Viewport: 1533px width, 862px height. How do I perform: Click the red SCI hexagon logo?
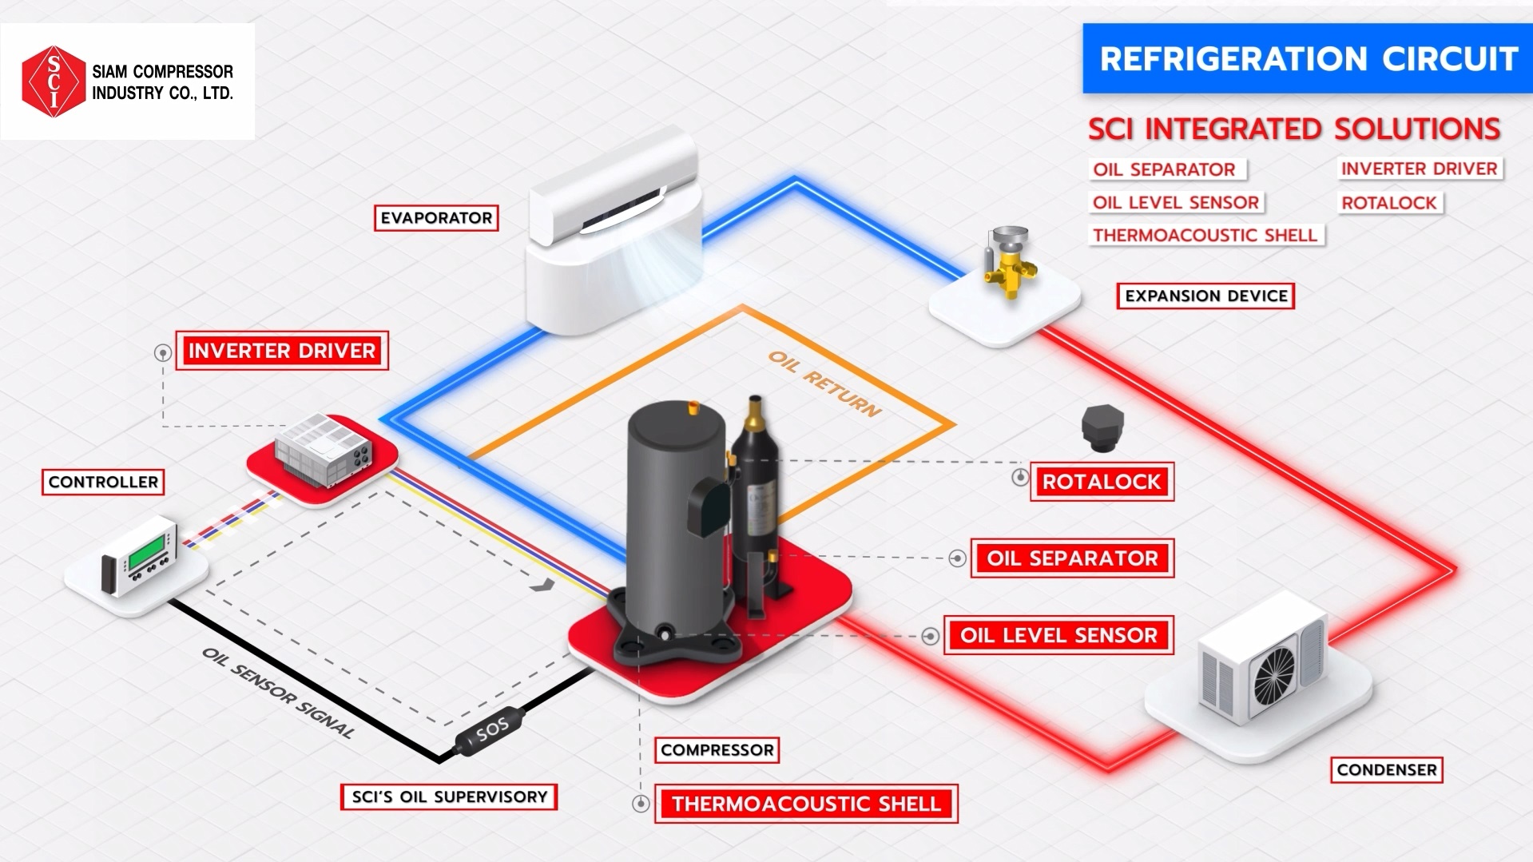(54, 81)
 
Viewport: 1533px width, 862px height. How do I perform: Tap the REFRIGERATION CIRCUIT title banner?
(1308, 59)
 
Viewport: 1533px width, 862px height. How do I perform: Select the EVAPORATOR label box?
(436, 218)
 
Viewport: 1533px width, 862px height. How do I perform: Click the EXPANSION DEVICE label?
(1205, 296)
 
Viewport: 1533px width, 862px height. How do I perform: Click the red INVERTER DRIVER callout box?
(282, 351)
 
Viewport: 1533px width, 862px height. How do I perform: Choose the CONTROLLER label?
(103, 483)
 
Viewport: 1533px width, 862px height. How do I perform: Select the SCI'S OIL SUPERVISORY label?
(449, 797)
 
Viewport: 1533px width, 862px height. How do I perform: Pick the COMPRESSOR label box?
(717, 750)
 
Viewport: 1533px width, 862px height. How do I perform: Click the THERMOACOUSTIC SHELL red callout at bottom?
(806, 804)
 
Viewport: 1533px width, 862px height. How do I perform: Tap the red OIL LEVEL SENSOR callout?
(1058, 636)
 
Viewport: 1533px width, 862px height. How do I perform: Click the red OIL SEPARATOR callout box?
(1072, 558)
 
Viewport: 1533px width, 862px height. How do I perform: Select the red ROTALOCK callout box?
(1102, 482)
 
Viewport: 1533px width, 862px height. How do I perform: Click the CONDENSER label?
(1387, 770)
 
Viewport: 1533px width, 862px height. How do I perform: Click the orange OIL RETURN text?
(824, 383)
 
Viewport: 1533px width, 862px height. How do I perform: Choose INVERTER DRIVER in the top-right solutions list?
(1419, 169)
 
